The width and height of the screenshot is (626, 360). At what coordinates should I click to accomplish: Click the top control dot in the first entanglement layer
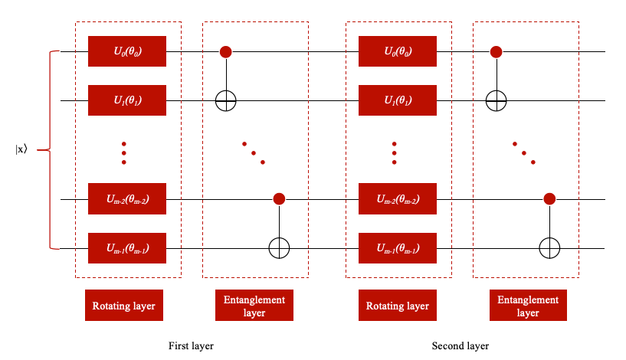[226, 52]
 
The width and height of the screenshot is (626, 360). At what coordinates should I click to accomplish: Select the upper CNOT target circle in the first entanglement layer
[226, 100]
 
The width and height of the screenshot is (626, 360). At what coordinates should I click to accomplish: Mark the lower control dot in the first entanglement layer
[279, 199]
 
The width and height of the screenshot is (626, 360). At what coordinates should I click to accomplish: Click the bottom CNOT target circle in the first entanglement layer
[279, 248]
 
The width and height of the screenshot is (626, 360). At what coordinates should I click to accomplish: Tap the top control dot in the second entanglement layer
[496, 52]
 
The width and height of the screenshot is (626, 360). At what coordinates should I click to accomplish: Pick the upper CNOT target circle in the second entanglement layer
[496, 100]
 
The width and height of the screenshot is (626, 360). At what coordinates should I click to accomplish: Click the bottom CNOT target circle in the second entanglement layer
[549, 248]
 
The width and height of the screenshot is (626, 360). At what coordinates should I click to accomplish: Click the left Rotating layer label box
[124, 306]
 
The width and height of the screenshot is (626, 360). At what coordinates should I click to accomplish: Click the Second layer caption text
[460, 346]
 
